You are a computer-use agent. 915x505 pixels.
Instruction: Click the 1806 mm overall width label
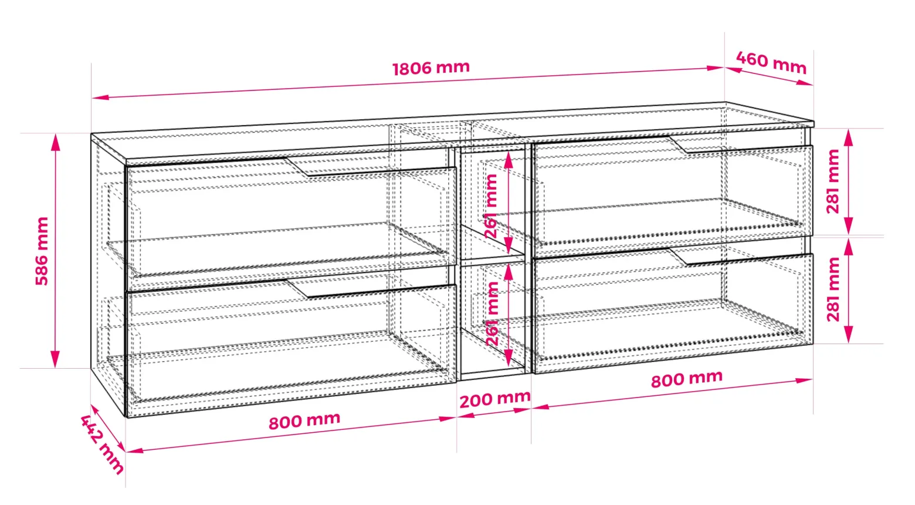[x=431, y=68]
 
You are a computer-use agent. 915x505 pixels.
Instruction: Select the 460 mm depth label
[x=771, y=63]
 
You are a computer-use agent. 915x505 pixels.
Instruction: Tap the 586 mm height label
[x=42, y=251]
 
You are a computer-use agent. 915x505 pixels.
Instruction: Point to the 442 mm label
[x=101, y=445]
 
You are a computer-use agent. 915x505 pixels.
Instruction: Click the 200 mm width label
[x=495, y=399]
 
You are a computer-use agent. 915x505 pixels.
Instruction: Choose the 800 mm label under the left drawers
[x=304, y=420]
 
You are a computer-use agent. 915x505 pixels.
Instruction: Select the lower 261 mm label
[x=492, y=314]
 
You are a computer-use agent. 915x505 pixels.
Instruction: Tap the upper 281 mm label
[x=833, y=181]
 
